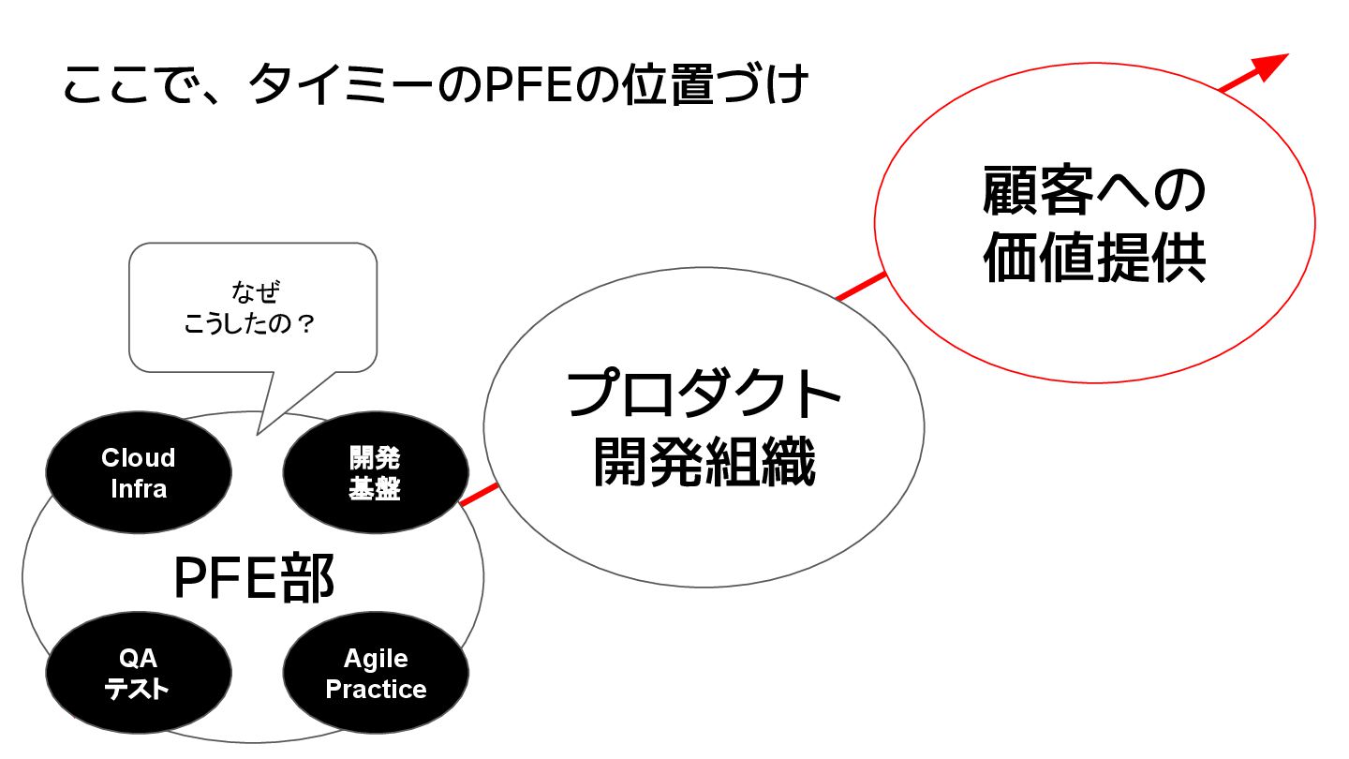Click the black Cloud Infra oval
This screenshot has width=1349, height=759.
pos(139,473)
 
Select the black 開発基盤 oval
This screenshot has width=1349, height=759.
pos(375,473)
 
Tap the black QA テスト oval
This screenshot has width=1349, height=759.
pos(139,674)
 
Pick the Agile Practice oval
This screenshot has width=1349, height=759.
pos(375,674)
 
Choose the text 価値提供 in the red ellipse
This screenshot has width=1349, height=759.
pos(1093,258)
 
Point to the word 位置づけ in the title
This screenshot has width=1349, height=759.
pos(713,87)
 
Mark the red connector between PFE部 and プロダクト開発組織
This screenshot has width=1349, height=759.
pos(479,495)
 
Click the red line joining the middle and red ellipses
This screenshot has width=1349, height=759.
pos(860,287)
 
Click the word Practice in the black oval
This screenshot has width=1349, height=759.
pos(376,690)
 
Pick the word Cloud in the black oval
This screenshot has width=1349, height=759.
pos(139,458)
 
